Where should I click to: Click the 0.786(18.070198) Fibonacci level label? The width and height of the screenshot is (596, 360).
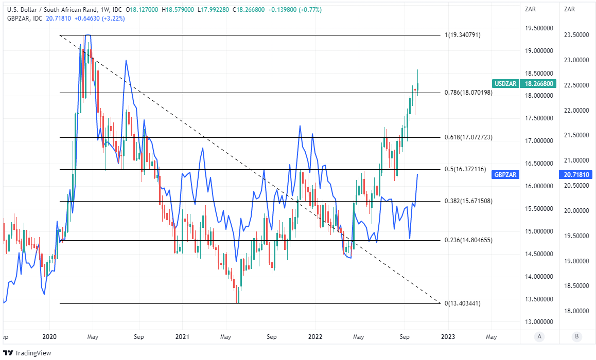(x=468, y=93)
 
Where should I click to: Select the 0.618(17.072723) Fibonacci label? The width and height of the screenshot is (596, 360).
(x=468, y=137)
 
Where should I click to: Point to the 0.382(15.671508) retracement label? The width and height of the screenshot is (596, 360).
(x=468, y=201)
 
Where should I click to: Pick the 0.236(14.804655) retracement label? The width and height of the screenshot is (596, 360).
(x=468, y=240)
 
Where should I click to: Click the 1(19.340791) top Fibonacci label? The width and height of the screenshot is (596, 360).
(x=462, y=35)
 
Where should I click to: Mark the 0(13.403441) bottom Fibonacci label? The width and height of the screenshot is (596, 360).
(x=462, y=303)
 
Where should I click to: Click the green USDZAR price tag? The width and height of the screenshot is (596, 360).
(x=523, y=83)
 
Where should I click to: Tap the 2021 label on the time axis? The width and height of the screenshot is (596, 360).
(x=182, y=337)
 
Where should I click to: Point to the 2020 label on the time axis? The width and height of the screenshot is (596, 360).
(x=49, y=337)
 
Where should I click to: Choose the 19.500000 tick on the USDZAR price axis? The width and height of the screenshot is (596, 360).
(x=538, y=29)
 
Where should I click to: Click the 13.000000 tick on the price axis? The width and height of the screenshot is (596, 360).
(x=538, y=322)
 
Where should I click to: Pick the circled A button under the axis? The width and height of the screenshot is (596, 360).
(x=539, y=337)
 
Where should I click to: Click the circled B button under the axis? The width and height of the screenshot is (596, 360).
(x=577, y=337)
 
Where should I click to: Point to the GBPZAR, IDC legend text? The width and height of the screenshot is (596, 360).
(x=25, y=19)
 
